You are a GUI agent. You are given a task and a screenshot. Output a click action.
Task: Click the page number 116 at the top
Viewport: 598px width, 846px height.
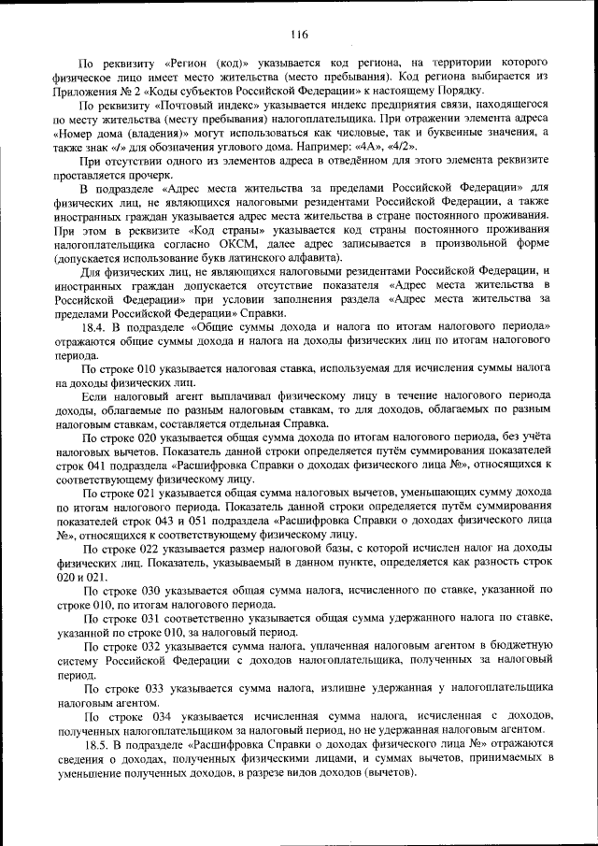point(298,36)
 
